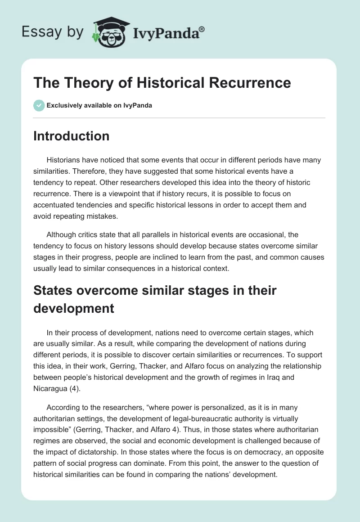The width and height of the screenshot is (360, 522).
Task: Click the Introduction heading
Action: [x=71, y=136]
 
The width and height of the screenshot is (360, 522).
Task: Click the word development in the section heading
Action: [x=74, y=308]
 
